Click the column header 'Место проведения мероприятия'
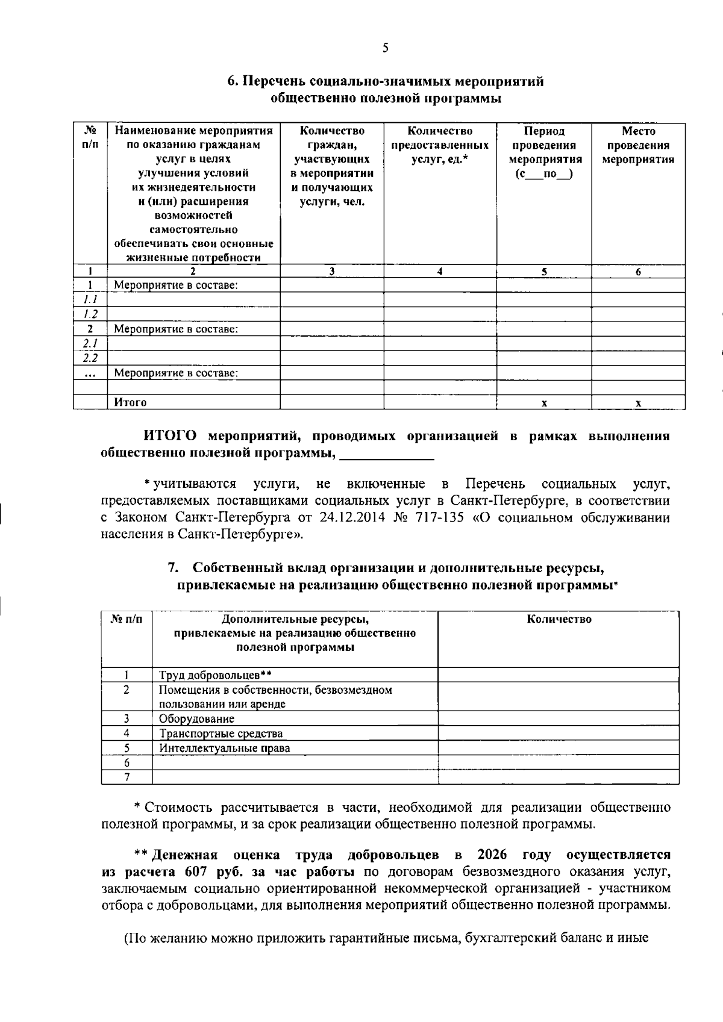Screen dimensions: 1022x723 [x=638, y=145]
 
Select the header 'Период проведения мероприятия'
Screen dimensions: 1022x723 [x=545, y=152]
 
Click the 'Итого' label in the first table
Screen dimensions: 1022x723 [x=130, y=402]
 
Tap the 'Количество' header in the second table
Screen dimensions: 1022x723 [x=559, y=619]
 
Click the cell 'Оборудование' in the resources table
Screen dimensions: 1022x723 [x=196, y=718]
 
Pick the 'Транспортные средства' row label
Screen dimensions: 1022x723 [x=221, y=734]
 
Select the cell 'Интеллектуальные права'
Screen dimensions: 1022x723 [x=224, y=748]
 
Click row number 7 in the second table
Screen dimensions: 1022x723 [x=127, y=777]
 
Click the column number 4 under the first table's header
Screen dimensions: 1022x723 [x=440, y=272]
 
